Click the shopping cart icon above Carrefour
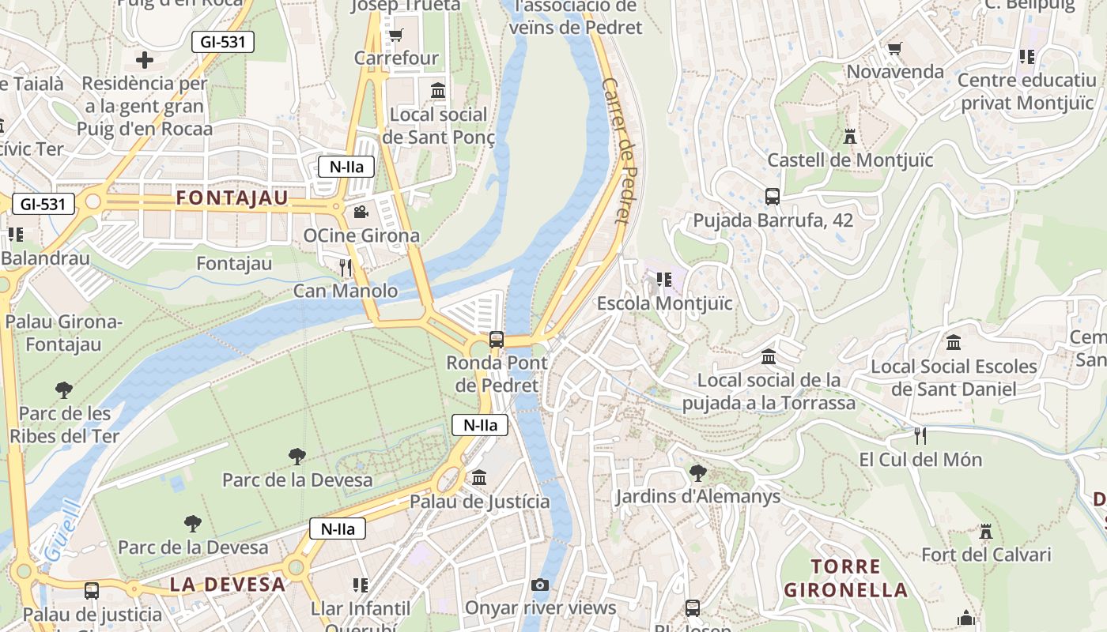click(395, 35)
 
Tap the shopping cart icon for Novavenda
click(895, 49)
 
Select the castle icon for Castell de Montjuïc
click(850, 137)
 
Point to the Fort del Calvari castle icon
click(985, 532)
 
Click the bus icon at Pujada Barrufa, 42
click(773, 197)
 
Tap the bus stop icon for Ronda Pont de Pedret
click(497, 340)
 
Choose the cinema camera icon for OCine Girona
click(361, 212)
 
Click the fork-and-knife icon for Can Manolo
click(346, 268)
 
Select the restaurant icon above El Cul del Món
click(920, 436)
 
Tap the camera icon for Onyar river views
click(540, 585)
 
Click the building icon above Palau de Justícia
click(479, 478)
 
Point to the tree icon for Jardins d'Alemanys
click(697, 473)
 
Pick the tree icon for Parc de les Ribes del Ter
click(64, 389)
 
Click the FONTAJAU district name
click(232, 197)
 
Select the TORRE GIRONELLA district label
click(845, 578)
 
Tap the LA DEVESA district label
click(228, 585)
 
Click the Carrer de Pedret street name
click(619, 150)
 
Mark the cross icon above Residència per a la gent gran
click(144, 60)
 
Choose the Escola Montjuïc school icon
click(664, 280)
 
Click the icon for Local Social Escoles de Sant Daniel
click(954, 343)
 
